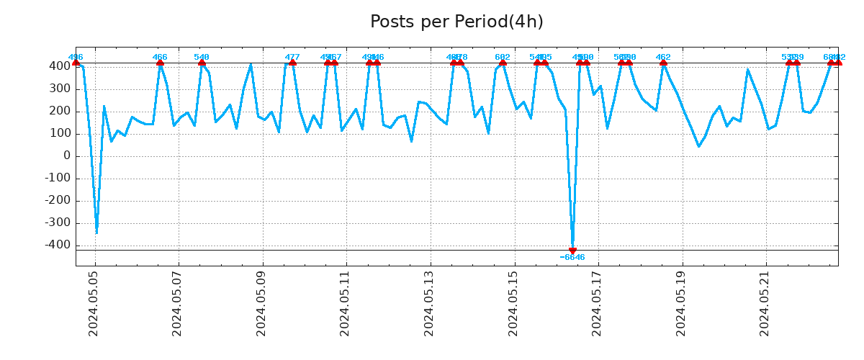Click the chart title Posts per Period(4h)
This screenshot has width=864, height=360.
(456, 22)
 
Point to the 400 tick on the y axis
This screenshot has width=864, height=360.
(60, 66)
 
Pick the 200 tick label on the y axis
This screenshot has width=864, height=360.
(60, 111)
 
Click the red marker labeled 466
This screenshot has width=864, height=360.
(160, 63)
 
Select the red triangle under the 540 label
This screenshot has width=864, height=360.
(202, 63)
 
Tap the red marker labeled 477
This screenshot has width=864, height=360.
(292, 63)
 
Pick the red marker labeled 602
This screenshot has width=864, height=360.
(503, 63)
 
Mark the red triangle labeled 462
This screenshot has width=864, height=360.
(663, 63)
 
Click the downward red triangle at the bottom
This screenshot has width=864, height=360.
(572, 251)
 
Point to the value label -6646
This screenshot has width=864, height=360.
(572, 258)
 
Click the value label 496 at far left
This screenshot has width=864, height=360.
(76, 57)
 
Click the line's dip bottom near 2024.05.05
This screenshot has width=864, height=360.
(96, 233)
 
